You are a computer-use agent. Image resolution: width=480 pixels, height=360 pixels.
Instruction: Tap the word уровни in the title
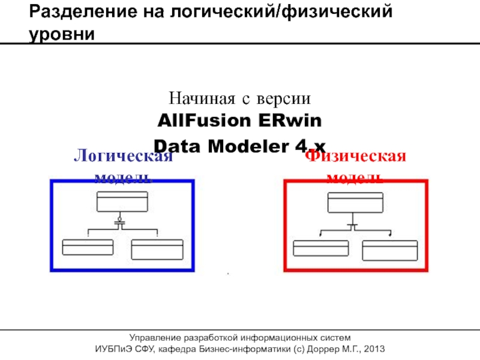pos(62,34)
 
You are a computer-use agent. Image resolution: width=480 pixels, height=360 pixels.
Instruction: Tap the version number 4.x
pos(311,146)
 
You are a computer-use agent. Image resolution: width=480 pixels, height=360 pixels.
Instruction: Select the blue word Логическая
pos(123,157)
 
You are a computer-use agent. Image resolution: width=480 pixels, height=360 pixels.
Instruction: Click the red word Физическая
pos(356,157)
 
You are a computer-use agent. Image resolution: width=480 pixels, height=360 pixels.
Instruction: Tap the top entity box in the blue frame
pos(122,202)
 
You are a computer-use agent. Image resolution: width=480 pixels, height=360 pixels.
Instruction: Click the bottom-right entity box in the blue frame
pos(157,250)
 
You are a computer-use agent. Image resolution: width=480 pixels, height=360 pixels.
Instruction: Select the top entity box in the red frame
pos(355,202)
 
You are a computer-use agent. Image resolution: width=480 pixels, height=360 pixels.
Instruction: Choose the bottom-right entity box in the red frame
pos(390,250)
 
